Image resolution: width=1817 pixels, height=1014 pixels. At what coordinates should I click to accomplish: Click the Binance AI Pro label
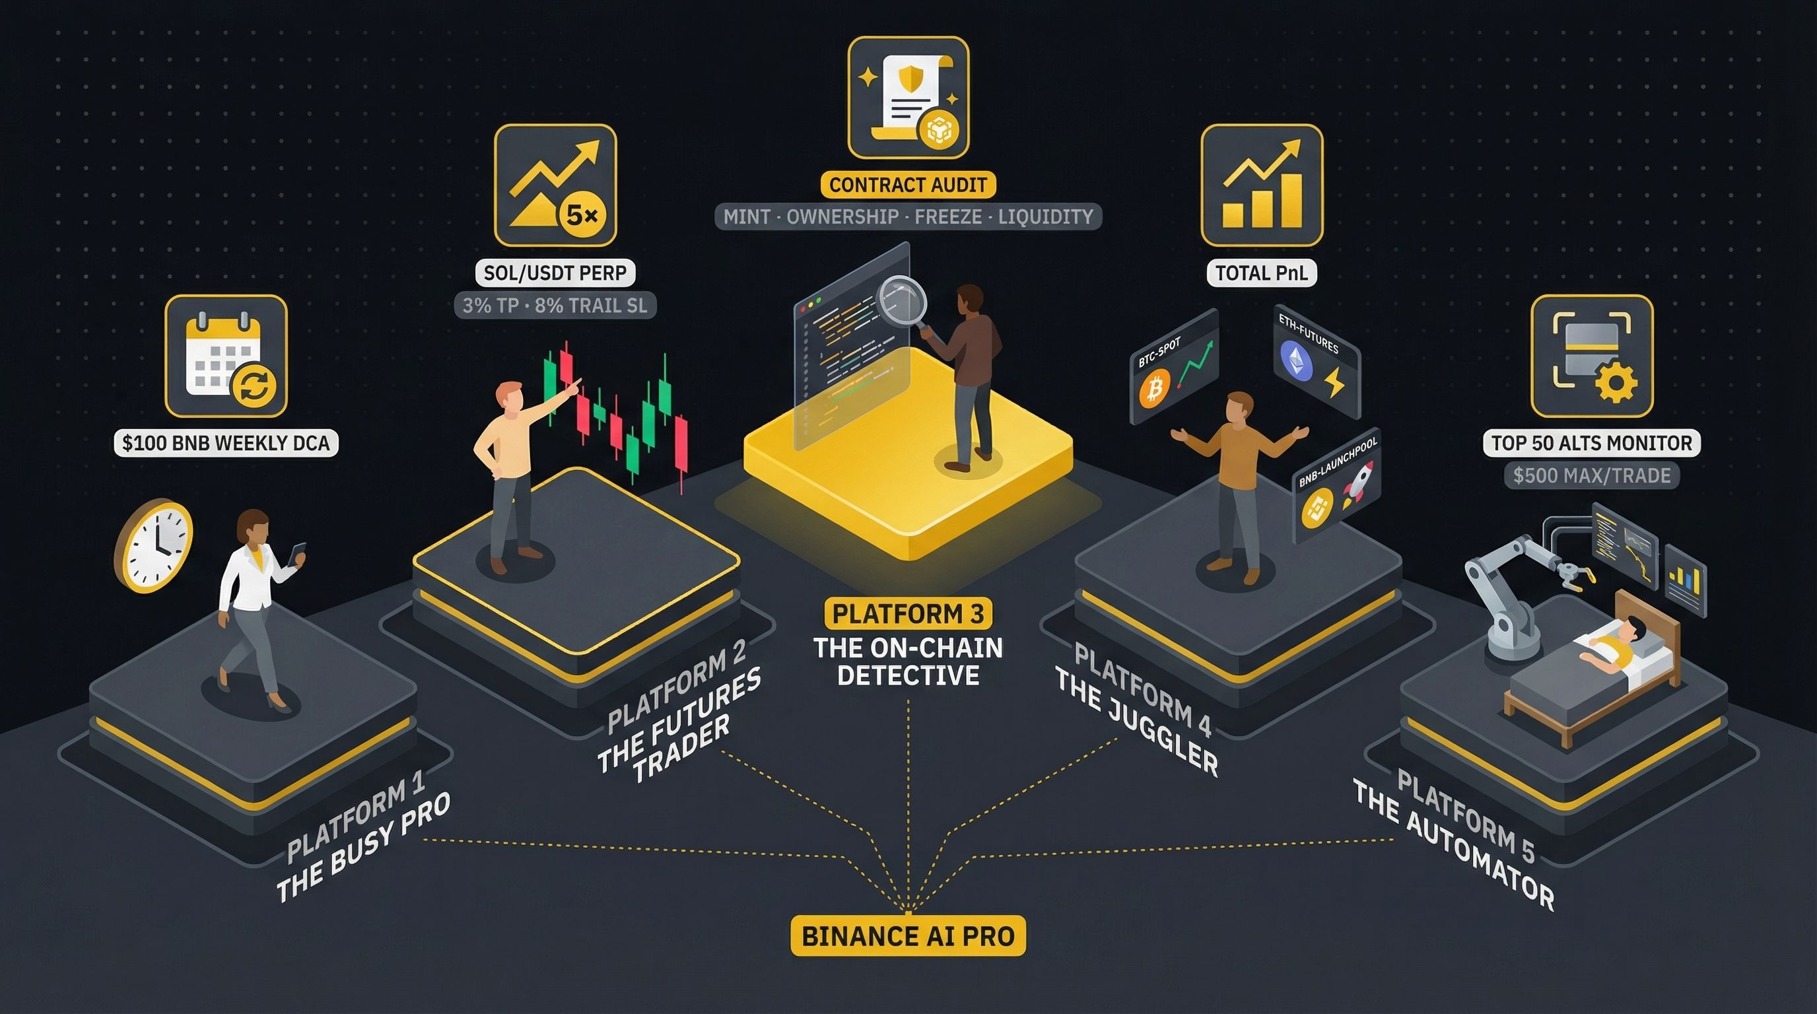click(908, 935)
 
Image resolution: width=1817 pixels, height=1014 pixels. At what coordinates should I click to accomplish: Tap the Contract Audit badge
click(908, 185)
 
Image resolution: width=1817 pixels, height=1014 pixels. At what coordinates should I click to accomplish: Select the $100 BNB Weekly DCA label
click(226, 443)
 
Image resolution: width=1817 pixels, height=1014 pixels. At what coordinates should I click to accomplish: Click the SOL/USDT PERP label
click(555, 273)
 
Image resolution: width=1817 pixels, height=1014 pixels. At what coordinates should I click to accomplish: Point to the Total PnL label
click(1261, 273)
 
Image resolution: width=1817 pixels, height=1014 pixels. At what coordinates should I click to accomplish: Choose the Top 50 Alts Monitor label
click(1591, 443)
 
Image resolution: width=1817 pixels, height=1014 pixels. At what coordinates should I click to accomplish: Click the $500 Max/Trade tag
click(1591, 475)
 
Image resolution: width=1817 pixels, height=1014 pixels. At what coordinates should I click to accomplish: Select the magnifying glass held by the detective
click(901, 300)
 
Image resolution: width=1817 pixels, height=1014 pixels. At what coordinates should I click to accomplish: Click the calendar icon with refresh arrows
click(226, 356)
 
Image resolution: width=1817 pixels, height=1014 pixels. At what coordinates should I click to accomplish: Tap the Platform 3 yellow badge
click(908, 613)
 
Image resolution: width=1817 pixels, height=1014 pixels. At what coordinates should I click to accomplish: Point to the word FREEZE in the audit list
click(948, 217)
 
